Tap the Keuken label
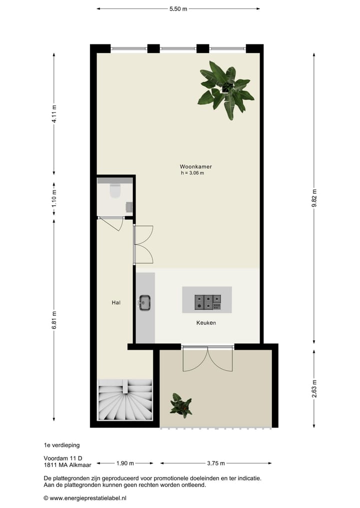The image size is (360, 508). point(206,323)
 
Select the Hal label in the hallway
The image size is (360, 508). point(116,303)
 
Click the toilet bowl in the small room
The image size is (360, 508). point(115,191)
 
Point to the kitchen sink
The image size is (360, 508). point(144,302)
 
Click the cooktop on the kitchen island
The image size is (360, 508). point(207,301)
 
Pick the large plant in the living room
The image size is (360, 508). point(226,89)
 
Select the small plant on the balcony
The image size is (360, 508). point(180,405)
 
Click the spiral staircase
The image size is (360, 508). point(125,401)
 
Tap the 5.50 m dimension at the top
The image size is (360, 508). point(178,9)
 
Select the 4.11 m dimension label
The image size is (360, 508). point(54,114)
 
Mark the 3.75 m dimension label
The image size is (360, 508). point(215,463)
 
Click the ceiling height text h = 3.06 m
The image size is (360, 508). point(192,173)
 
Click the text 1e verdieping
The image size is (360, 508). point(61,445)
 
